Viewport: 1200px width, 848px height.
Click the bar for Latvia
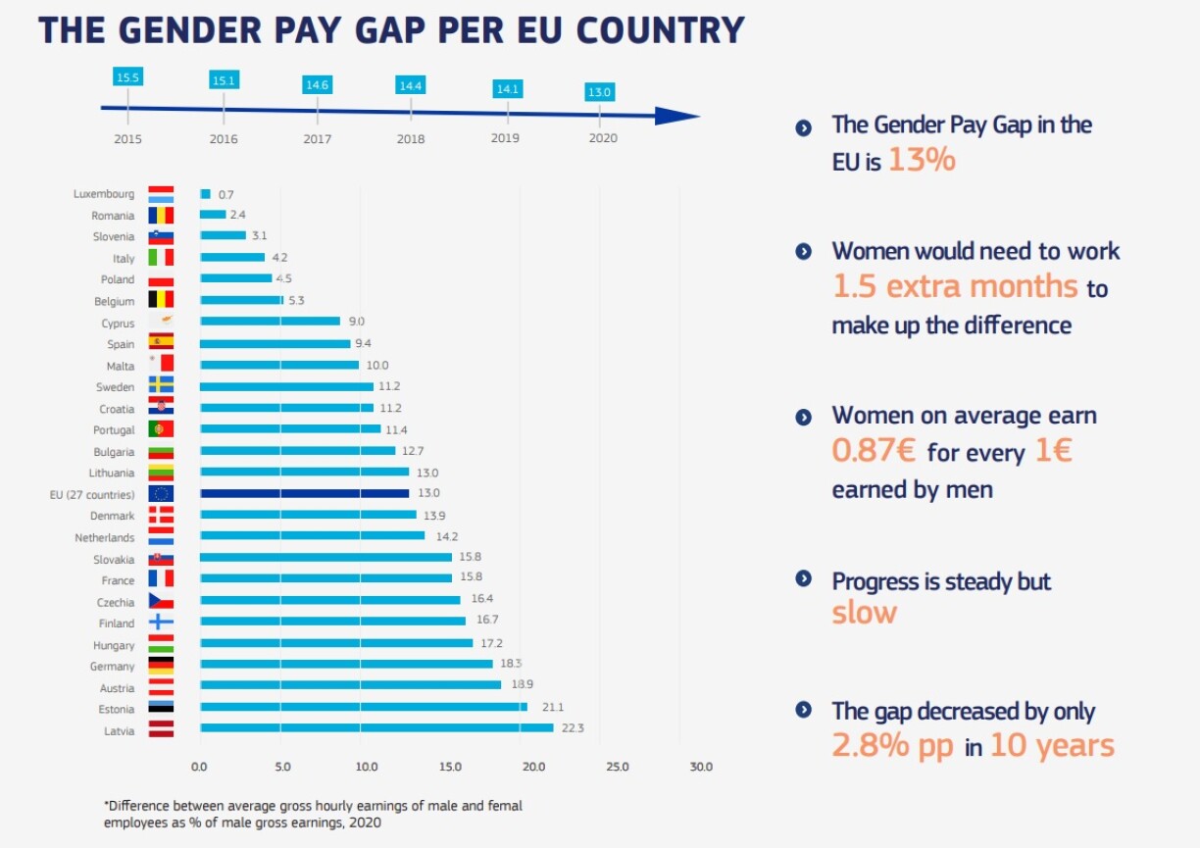point(376,727)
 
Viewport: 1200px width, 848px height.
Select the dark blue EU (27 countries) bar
point(304,493)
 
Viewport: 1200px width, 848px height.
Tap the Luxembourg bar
point(205,194)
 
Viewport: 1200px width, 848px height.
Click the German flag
point(161,666)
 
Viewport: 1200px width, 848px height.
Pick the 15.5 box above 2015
point(127,76)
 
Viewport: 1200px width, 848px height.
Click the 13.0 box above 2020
point(599,92)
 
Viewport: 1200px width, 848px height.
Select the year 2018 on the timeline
point(411,139)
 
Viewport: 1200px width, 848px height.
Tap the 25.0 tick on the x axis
point(618,767)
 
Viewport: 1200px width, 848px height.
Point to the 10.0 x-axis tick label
point(366,767)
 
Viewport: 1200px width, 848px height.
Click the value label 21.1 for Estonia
point(541,707)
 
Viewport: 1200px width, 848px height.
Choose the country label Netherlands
point(104,537)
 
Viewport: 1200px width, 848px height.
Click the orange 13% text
point(922,160)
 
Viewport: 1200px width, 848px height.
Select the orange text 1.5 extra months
point(955,286)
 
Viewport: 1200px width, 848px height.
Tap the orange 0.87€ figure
point(874,450)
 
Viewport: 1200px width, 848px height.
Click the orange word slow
point(864,614)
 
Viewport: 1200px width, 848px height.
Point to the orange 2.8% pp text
point(892,746)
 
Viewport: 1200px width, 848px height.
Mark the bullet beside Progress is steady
point(804,578)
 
